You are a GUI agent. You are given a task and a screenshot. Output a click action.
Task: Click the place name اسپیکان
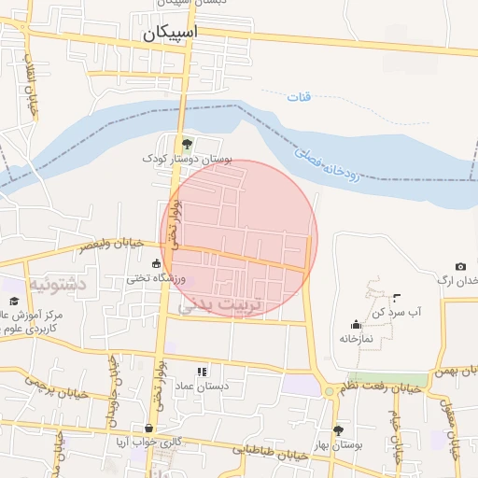171,35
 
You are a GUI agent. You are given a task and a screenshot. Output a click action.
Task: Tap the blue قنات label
298,96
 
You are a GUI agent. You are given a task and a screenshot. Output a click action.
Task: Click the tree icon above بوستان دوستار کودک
187,143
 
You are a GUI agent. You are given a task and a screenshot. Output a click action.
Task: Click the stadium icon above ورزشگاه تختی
156,264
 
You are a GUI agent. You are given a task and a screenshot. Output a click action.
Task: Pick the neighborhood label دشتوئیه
57,282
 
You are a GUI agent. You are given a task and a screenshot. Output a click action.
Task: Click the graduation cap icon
14,301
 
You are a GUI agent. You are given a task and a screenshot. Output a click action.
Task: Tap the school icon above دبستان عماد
203,372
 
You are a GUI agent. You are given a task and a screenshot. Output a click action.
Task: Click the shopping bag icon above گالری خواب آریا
148,429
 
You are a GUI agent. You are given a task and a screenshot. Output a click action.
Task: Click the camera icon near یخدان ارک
460,267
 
